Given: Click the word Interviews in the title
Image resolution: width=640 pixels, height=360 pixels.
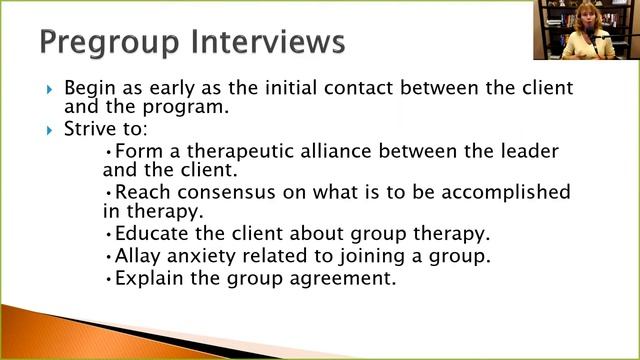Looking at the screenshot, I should point(269,43).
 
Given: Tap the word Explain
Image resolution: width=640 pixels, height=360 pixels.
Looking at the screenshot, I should point(149,278).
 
